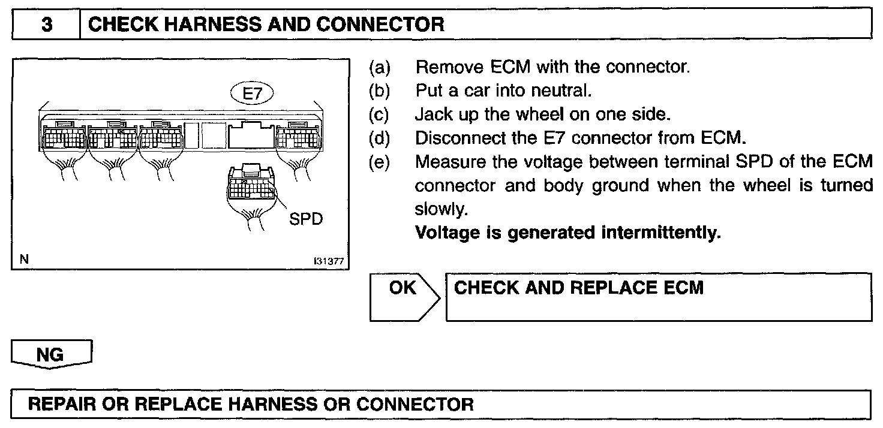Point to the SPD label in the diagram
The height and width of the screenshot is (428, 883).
point(306,218)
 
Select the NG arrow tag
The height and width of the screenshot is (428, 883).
point(50,355)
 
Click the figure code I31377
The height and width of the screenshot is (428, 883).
point(328,261)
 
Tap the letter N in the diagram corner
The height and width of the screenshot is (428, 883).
point(24,260)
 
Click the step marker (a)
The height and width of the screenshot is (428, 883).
point(379,67)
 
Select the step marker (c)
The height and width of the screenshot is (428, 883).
point(379,114)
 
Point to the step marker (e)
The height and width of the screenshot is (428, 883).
point(379,162)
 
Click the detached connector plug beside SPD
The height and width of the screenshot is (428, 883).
point(250,186)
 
